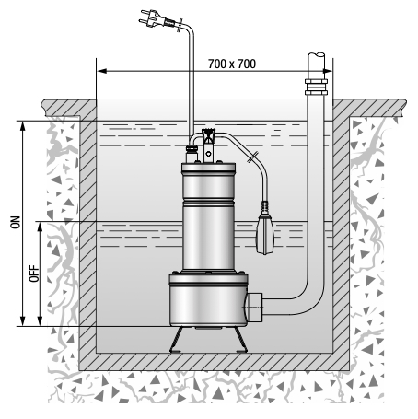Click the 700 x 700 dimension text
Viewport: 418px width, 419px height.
[232, 64]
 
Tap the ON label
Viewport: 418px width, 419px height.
[16, 222]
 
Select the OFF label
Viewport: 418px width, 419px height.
[34, 274]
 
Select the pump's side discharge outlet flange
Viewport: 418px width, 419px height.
[254, 307]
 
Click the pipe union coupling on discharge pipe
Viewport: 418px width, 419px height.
[316, 87]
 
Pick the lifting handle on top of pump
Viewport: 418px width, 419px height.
[209, 145]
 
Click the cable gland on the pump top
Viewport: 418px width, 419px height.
[191, 153]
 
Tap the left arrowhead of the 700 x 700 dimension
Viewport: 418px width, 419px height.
[102, 71]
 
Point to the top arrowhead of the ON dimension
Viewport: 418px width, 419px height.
[22, 126]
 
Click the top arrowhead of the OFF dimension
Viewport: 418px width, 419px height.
[40, 227]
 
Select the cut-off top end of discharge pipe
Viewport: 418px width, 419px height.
[316, 55]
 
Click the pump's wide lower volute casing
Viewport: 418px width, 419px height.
[208, 300]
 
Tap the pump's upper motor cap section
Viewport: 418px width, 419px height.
[208, 181]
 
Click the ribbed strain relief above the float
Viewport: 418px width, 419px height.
[265, 206]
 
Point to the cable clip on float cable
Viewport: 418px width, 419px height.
[252, 157]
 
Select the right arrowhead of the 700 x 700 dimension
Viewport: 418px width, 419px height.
[327, 71]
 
